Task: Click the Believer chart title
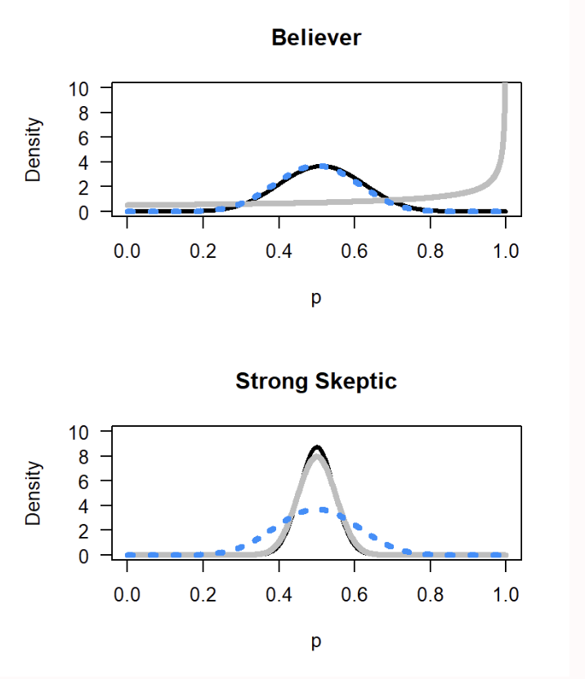(316, 38)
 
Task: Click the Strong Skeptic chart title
(316, 381)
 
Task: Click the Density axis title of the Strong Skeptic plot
(33, 493)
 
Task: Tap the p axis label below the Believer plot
(316, 299)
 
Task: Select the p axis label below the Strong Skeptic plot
(316, 642)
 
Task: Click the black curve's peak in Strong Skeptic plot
(318, 447)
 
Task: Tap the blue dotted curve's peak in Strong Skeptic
(324, 509)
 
